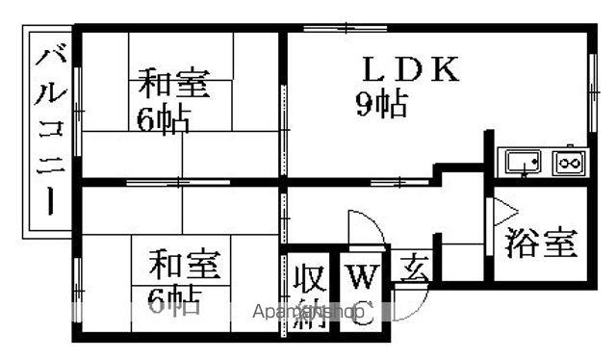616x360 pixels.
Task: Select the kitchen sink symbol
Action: click(522, 162)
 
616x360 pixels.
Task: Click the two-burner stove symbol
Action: click(568, 162)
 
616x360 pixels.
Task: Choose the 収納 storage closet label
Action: click(309, 295)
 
